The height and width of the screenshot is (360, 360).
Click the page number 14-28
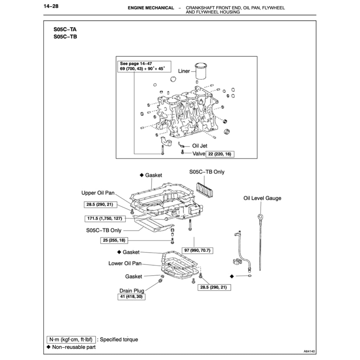(x=51, y=6)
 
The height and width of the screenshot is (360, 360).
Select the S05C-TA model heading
(x=65, y=30)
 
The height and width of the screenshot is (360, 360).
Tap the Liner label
(x=184, y=71)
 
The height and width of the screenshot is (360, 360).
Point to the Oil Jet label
(x=200, y=146)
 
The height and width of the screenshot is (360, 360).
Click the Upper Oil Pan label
(x=98, y=193)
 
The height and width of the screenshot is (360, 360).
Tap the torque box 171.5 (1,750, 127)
(x=105, y=219)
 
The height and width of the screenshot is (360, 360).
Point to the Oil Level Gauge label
(x=262, y=198)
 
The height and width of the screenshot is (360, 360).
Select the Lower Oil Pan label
(x=125, y=263)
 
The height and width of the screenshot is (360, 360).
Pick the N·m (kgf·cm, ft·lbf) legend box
(x=71, y=340)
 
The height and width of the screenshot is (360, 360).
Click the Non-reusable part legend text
(x=73, y=347)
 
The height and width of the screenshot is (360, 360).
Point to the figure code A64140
(x=310, y=351)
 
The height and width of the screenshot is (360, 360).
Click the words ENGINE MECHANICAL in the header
(x=151, y=8)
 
